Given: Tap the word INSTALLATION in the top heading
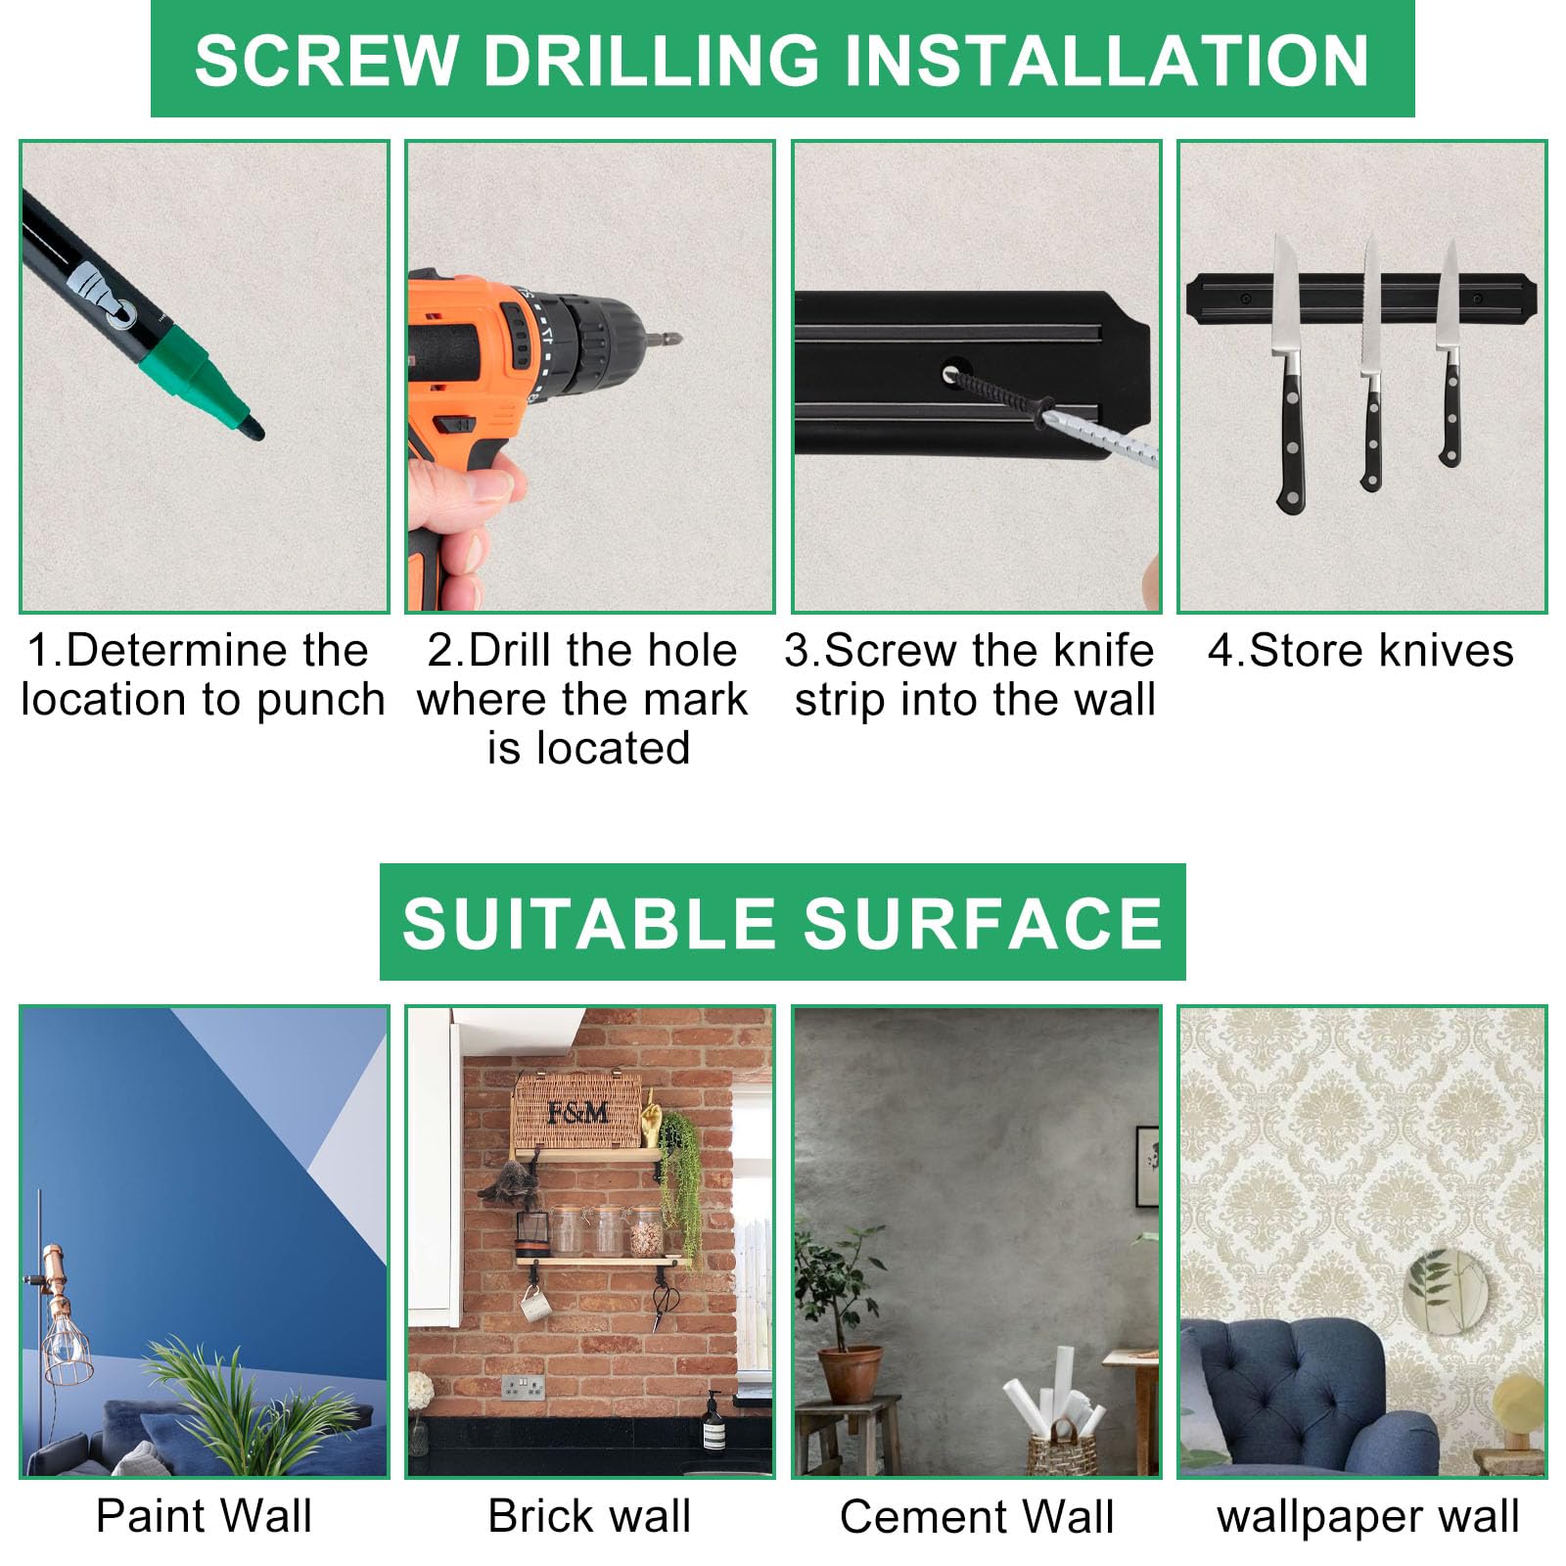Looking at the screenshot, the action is click(1106, 61).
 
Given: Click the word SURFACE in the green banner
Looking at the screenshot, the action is click(983, 923).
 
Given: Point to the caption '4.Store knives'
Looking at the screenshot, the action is click(1360, 651).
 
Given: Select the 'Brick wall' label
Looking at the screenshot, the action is click(589, 1516).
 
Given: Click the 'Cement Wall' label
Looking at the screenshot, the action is click(977, 1517).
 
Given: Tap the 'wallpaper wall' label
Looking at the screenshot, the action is click(1367, 1517).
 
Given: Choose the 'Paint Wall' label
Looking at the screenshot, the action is click(204, 1516).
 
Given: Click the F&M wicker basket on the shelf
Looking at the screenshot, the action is click(577, 1111).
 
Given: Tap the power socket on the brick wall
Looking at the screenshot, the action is click(524, 1386).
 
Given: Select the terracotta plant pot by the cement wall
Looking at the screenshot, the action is click(850, 1374).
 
